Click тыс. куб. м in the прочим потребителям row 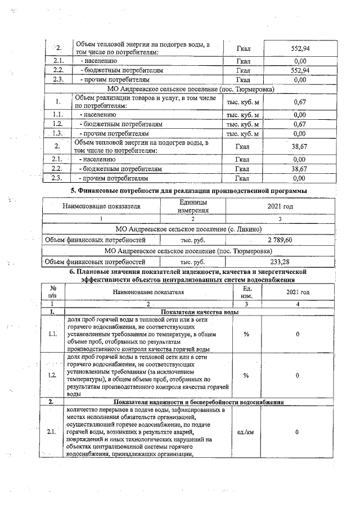coord(242,134)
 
